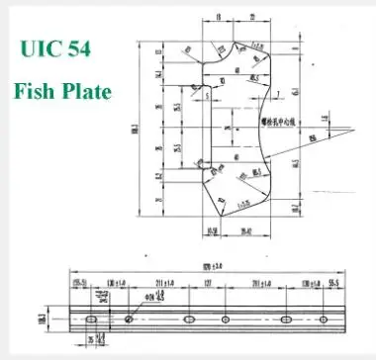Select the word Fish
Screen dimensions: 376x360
click(x=37, y=91)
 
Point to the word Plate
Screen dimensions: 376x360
click(x=86, y=91)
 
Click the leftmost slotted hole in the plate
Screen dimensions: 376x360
click(x=88, y=319)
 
